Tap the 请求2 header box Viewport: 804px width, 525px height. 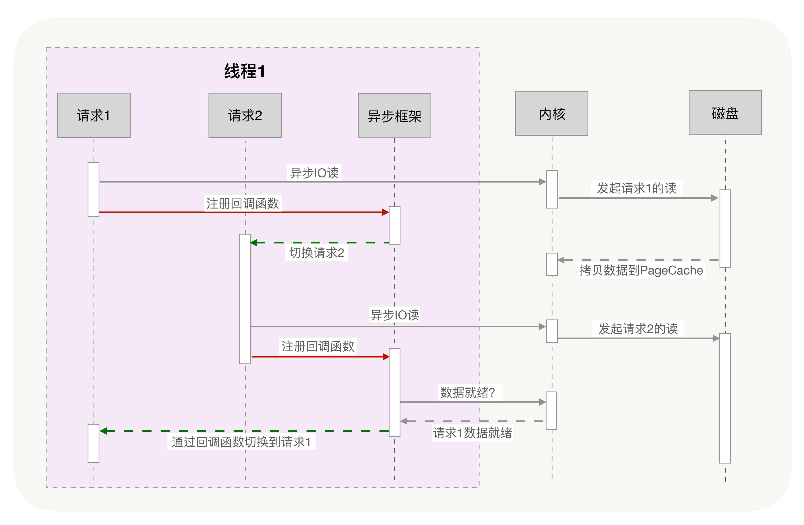point(245,115)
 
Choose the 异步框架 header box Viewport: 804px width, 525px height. point(394,116)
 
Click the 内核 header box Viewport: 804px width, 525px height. point(551,113)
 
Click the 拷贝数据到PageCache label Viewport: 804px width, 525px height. point(641,270)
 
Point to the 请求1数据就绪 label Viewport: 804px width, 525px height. point(472,433)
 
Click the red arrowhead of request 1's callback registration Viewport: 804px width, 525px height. point(385,212)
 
